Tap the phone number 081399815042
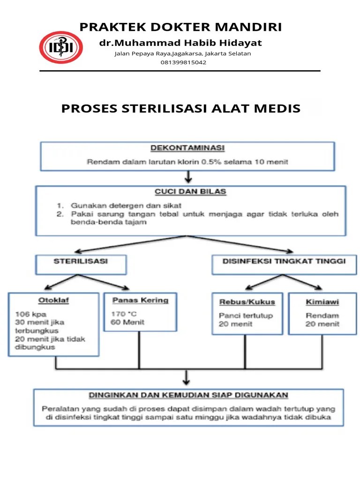183,62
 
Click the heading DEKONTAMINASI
187,148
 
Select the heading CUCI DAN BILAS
191,191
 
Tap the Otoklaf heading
53,300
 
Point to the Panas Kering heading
140,300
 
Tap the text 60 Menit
127,322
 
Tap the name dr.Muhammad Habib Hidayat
180,43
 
